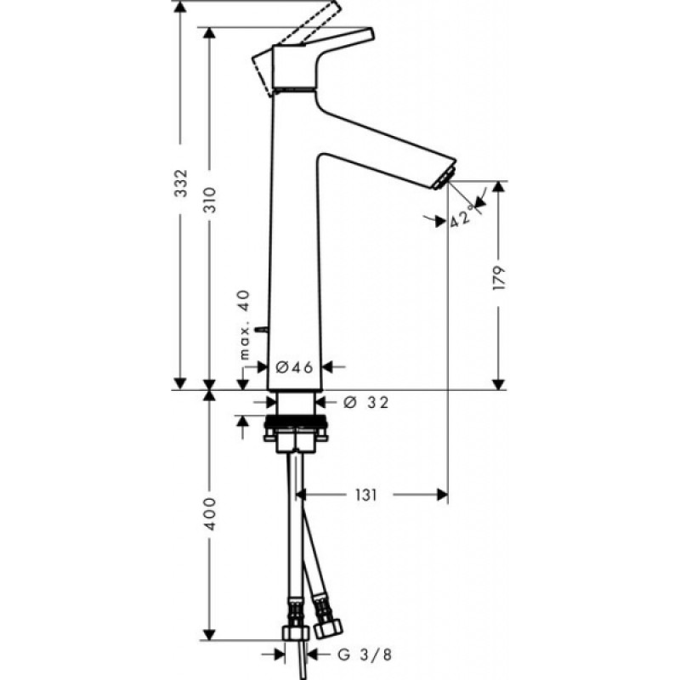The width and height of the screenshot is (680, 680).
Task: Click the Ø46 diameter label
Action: click(x=295, y=366)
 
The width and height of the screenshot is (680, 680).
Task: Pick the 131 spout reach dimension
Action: click(x=366, y=493)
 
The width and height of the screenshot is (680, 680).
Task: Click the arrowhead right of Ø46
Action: click(x=330, y=366)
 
